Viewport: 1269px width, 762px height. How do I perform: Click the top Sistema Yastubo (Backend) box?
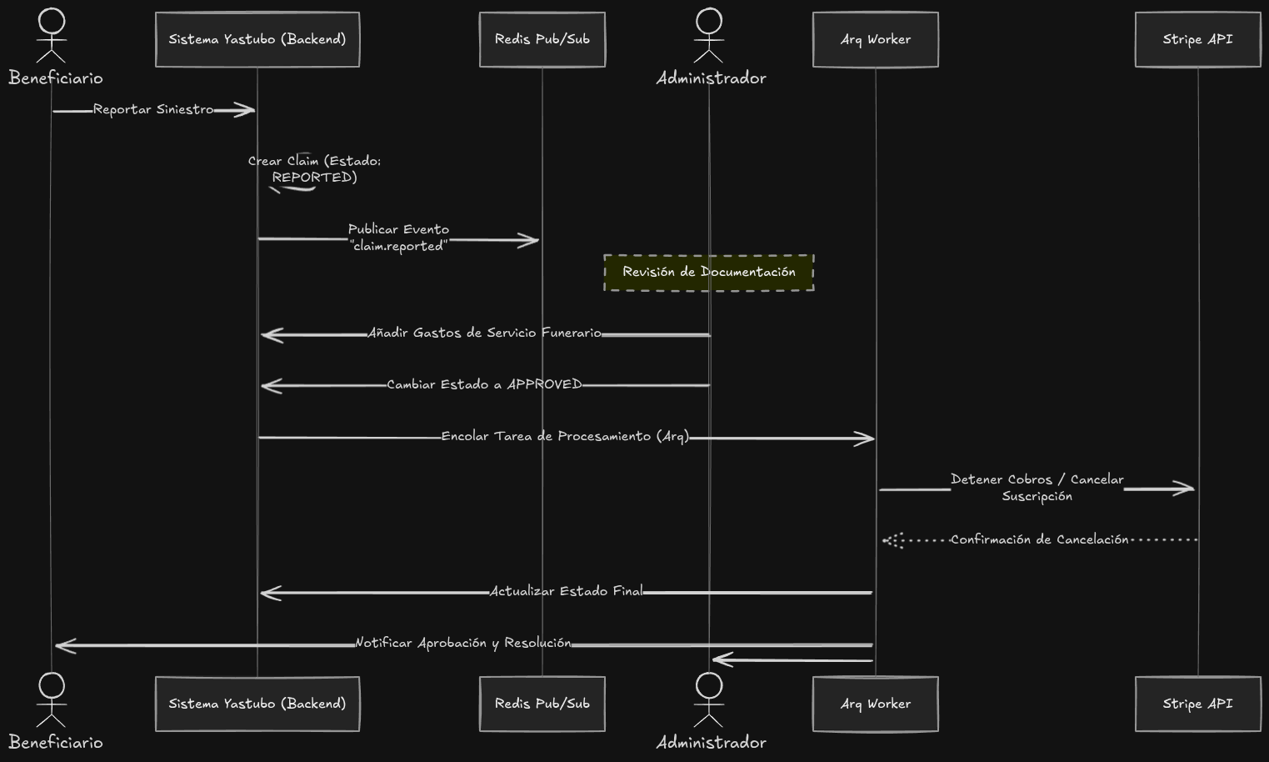(x=257, y=39)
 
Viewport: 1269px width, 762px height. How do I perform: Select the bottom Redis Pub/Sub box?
(x=542, y=704)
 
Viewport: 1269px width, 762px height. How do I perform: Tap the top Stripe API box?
(x=1197, y=39)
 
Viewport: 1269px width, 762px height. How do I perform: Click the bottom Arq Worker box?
(x=875, y=704)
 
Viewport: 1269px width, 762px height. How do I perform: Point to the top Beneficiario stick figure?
(x=52, y=36)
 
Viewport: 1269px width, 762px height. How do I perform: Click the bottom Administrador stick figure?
(x=708, y=700)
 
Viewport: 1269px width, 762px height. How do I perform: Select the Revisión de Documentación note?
(x=708, y=273)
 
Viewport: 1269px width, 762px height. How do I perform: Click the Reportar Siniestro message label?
(x=153, y=109)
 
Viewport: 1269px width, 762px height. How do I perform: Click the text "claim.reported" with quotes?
(x=398, y=246)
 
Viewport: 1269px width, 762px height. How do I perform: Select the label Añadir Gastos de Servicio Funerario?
(x=484, y=333)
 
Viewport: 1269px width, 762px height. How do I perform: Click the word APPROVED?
(x=544, y=384)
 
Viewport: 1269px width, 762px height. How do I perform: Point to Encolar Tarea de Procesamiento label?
(x=565, y=436)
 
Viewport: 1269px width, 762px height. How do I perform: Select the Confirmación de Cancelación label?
(x=1039, y=539)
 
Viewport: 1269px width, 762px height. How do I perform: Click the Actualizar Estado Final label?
(x=566, y=591)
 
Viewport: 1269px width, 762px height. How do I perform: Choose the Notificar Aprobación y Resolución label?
(x=463, y=643)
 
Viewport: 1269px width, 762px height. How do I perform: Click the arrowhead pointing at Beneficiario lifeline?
(x=64, y=645)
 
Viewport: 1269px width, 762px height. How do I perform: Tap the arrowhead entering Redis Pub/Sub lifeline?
(x=530, y=241)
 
